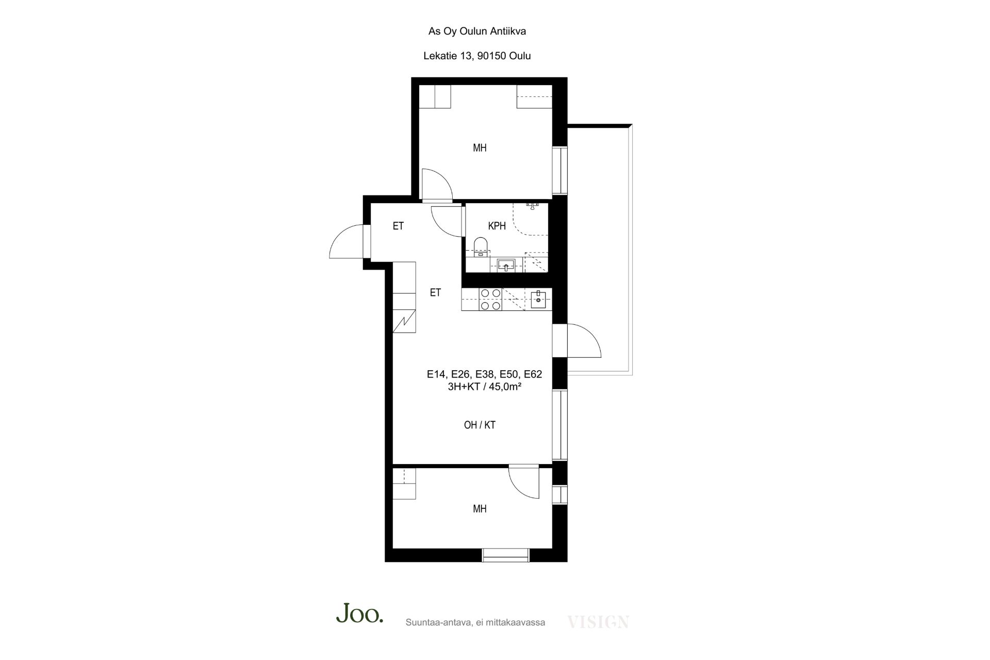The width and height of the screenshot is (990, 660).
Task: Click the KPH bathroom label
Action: [497, 226]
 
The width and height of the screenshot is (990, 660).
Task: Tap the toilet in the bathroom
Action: [481, 247]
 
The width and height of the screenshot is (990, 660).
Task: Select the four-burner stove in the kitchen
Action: [490, 299]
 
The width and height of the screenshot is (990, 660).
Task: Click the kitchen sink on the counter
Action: [538, 299]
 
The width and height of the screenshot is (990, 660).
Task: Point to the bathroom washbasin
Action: [507, 266]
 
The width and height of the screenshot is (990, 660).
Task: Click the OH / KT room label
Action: [480, 425]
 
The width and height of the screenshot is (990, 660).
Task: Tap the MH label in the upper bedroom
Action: [480, 148]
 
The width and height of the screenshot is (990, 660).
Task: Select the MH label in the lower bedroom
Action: [480, 509]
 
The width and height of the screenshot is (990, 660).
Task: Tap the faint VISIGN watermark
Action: [598, 622]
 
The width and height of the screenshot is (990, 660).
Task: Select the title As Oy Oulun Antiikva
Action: [477, 31]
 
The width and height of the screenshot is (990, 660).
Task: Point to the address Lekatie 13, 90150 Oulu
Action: [477, 56]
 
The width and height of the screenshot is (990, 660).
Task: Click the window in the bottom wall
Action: [506, 555]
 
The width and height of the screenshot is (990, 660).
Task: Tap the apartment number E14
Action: [437, 374]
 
